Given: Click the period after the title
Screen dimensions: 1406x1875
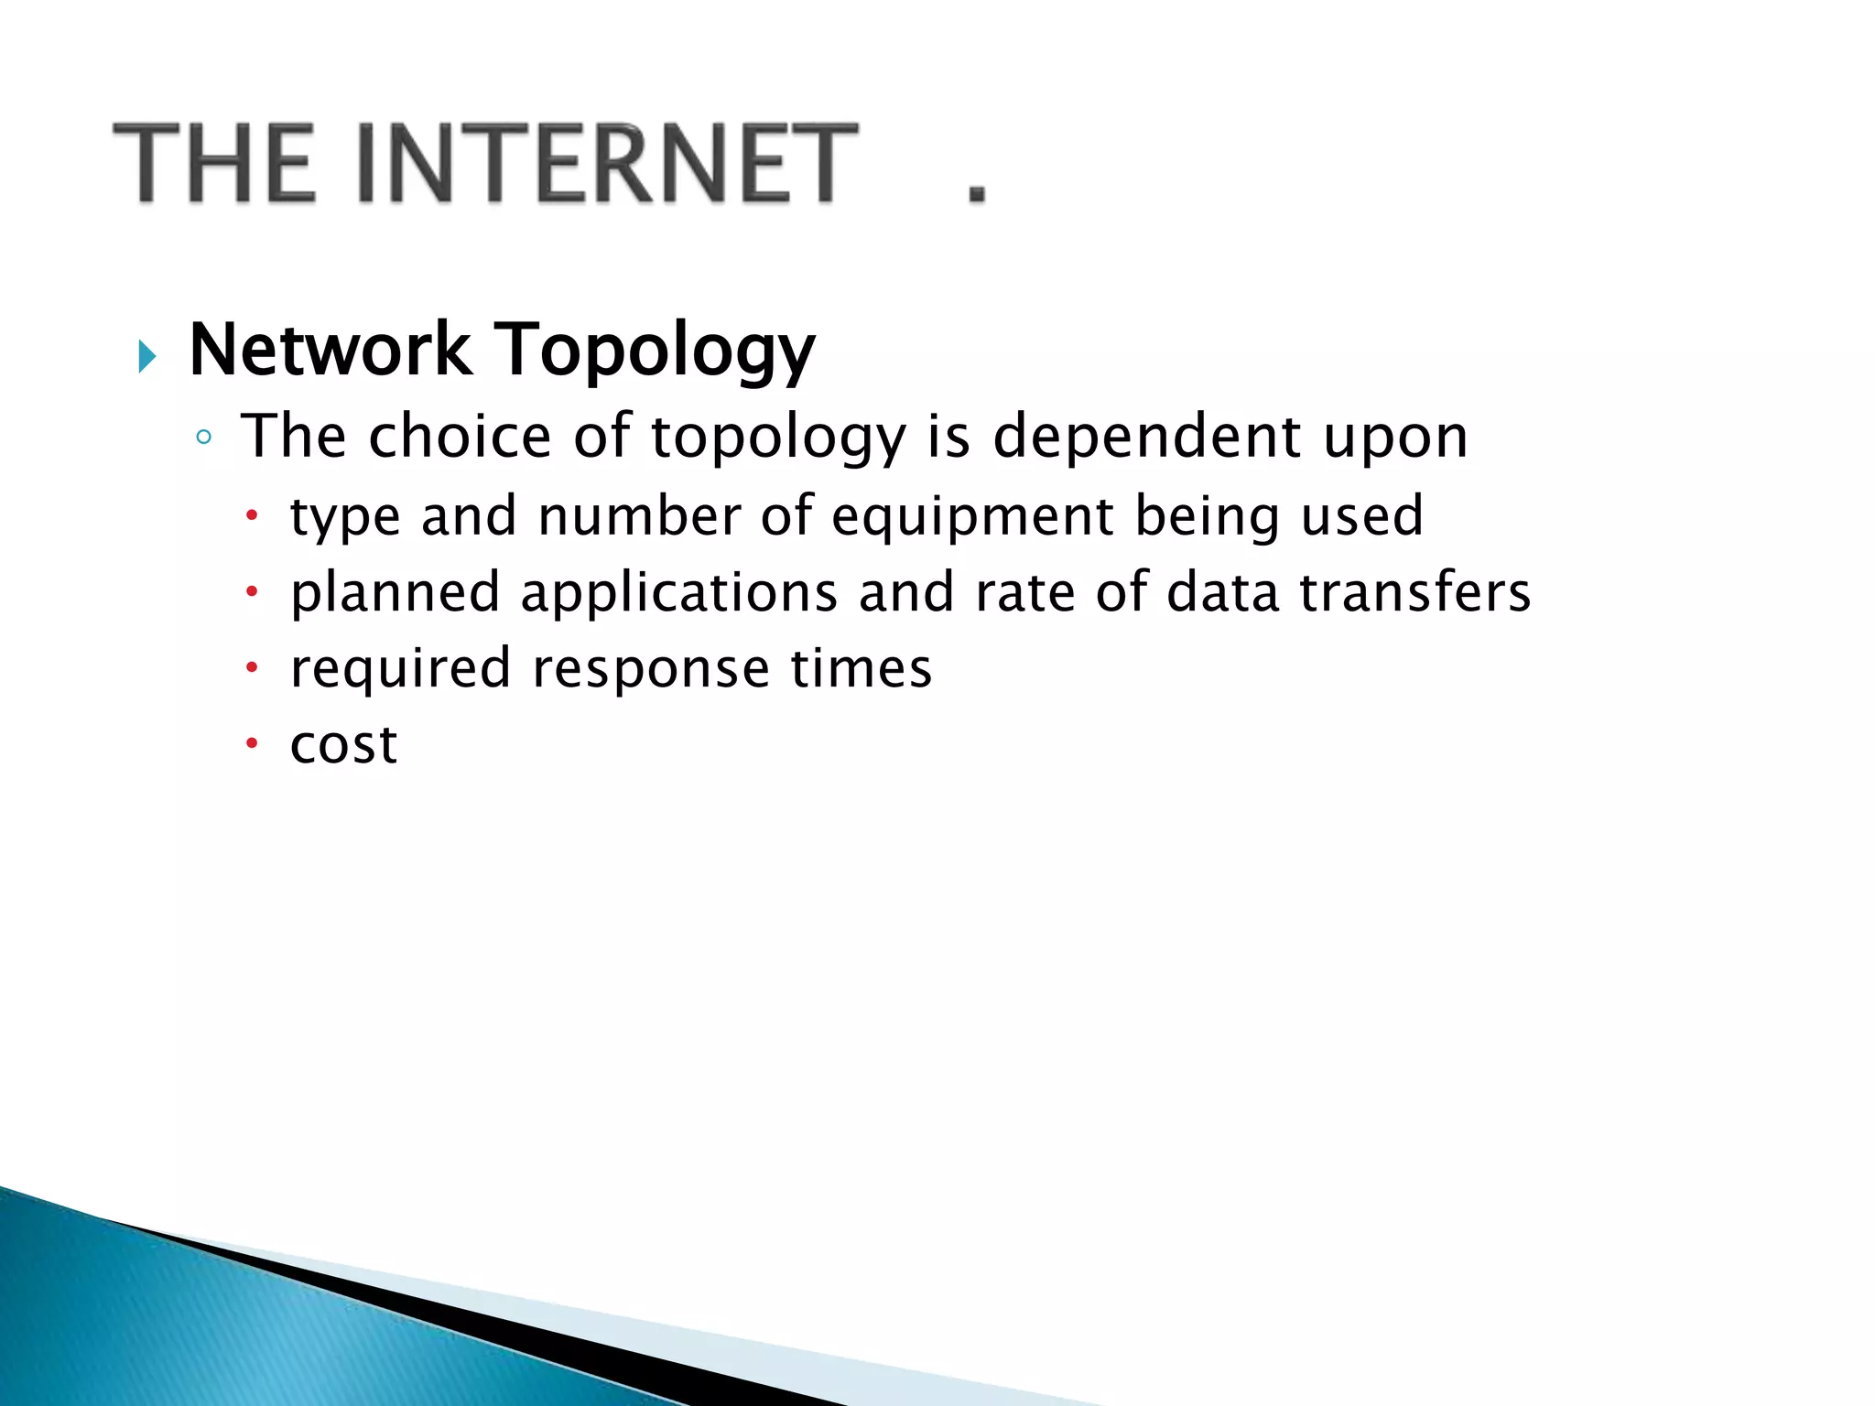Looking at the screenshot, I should [977, 191].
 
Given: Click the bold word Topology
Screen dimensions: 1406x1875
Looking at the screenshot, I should [654, 352].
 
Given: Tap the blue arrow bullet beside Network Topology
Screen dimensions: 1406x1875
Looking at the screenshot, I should [146, 356].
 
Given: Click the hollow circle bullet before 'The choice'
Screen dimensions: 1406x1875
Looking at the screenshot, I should [204, 438].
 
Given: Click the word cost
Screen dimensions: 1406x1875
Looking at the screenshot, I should [343, 745].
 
